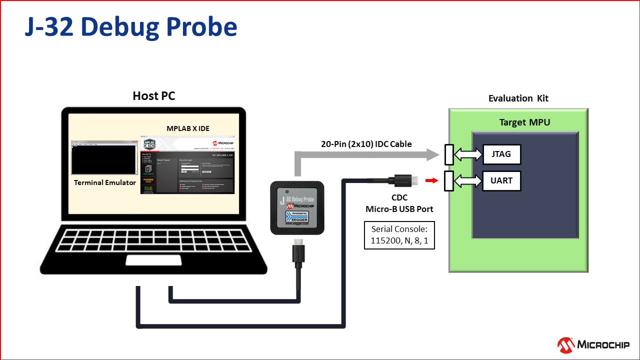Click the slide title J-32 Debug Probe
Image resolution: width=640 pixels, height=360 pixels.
point(131,28)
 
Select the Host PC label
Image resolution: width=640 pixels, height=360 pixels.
point(154,96)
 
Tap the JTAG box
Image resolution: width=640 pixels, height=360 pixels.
point(501,154)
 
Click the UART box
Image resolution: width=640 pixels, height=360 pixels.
point(501,180)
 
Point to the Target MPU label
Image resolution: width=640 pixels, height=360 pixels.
point(524,122)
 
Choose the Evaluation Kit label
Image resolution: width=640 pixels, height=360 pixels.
point(518,98)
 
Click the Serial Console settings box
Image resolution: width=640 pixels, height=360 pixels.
point(399,235)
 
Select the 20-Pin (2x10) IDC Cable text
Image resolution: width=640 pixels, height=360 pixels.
point(366,144)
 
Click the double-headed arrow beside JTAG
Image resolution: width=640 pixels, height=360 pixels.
point(468,154)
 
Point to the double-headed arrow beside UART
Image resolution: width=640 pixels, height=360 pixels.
point(468,180)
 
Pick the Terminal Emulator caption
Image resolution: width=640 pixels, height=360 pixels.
point(105,182)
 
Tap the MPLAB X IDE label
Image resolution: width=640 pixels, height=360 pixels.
point(188,128)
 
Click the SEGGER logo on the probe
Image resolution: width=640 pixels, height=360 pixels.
point(296,217)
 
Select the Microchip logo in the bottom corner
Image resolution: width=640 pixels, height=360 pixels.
point(593,344)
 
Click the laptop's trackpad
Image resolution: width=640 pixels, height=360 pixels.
point(146,260)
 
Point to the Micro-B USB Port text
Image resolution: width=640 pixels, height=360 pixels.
point(399,208)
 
